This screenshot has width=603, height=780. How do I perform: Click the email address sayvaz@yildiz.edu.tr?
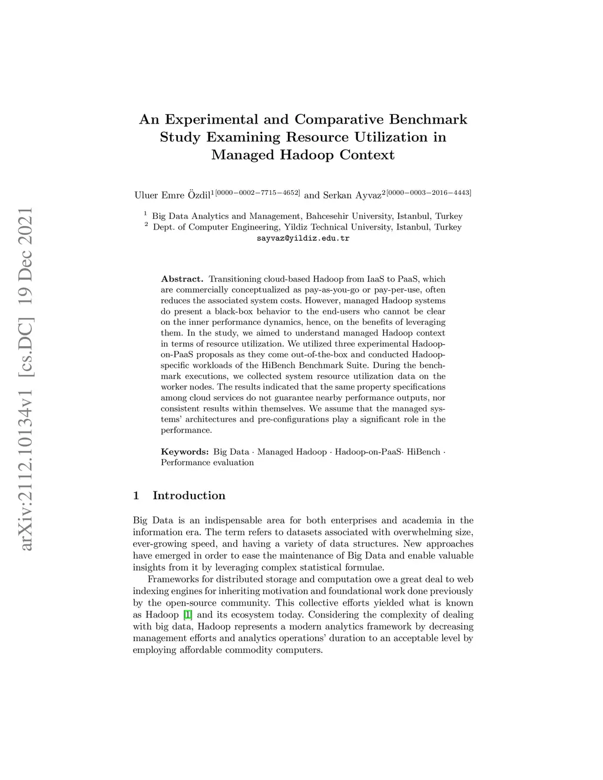(303, 238)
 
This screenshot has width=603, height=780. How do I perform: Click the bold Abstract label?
(182, 279)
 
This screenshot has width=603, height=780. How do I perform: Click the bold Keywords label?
(185, 452)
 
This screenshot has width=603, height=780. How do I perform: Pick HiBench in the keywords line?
(424, 452)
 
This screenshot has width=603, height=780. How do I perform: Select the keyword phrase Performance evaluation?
(207, 463)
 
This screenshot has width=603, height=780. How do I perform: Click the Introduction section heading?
(188, 496)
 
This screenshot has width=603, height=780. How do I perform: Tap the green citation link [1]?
(188, 615)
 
